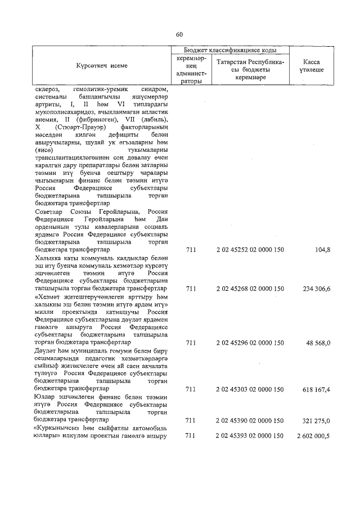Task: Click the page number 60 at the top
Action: click(179, 35)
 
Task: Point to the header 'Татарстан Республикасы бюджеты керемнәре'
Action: click(250, 70)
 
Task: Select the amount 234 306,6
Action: click(316, 288)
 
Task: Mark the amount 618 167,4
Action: click(316, 389)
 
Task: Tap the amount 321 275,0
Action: click(316, 420)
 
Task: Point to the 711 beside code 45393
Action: click(191, 436)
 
